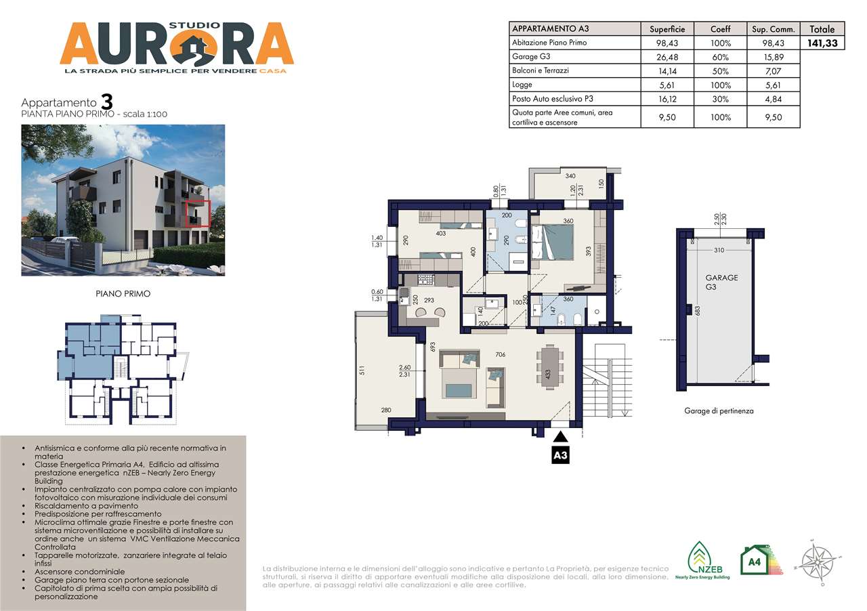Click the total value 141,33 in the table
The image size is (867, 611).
pyautogui.click(x=822, y=43)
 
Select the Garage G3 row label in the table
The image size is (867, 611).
pyautogui.click(x=531, y=57)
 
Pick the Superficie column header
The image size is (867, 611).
pyautogui.click(x=667, y=29)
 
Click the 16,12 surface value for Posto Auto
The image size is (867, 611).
pyautogui.click(x=667, y=99)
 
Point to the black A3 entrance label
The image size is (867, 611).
pyautogui.click(x=560, y=456)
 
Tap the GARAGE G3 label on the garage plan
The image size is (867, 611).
pyautogui.click(x=721, y=282)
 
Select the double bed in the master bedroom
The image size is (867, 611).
pyautogui.click(x=552, y=242)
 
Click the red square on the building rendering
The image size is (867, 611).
pyautogui.click(x=198, y=213)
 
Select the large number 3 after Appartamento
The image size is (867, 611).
pyautogui.click(x=106, y=102)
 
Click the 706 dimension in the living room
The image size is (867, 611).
pyautogui.click(x=501, y=355)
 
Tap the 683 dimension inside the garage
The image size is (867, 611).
pyautogui.click(x=696, y=310)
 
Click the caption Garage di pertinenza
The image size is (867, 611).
pyautogui.click(x=719, y=410)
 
